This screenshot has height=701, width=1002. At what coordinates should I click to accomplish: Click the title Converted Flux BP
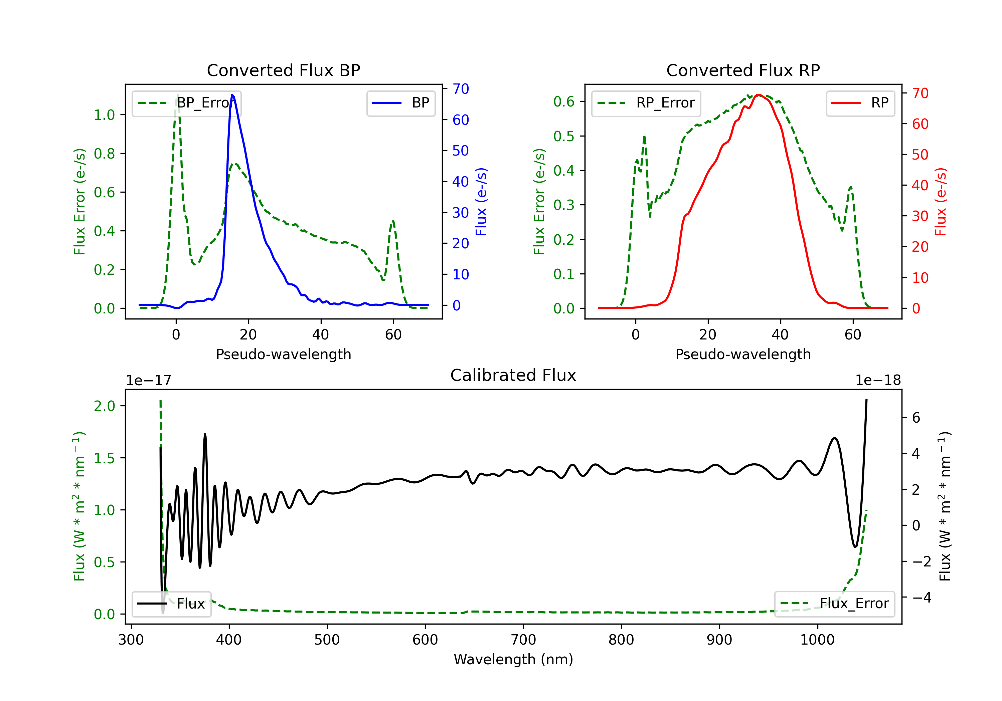point(283,70)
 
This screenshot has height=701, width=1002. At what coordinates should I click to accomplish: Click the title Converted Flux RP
point(743,70)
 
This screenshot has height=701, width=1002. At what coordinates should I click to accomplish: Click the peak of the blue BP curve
point(232,95)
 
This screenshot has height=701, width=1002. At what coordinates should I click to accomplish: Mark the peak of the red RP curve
point(759,95)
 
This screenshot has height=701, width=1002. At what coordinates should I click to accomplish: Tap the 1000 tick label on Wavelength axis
point(817,640)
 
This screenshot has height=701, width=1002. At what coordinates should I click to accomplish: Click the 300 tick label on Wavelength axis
point(131,640)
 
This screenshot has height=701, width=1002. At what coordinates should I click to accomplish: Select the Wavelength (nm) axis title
point(513,659)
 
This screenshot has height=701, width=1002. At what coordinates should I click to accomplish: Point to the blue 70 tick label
point(460,89)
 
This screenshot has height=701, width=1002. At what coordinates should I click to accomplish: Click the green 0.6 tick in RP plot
point(564,101)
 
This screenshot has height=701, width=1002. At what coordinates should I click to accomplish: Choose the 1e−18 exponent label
point(878,381)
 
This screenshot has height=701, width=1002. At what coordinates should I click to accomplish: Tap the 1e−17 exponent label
point(148,381)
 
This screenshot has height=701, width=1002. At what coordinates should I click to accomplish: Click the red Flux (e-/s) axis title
point(941,202)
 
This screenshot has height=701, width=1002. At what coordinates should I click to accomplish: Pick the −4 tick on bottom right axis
point(922,597)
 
